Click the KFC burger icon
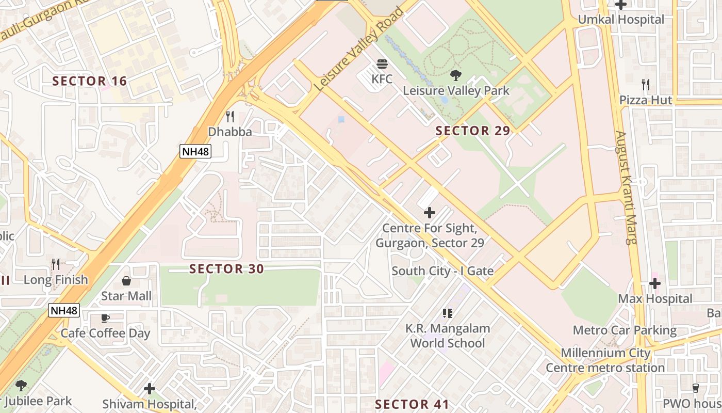[x=382, y=64]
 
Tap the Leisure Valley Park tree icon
[x=455, y=76]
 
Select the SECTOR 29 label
[x=472, y=131]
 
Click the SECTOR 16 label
[x=90, y=81]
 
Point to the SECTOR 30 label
[x=226, y=268]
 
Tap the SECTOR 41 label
[x=412, y=404]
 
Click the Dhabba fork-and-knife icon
[x=230, y=117]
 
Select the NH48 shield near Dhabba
[x=195, y=151]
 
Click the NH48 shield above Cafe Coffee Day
[x=64, y=310]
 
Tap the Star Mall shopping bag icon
[x=126, y=281]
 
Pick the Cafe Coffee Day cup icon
[x=105, y=318]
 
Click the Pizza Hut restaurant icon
[x=645, y=85]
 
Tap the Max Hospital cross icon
[x=655, y=283]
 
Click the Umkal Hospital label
[x=621, y=20]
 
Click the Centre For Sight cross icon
[x=429, y=212]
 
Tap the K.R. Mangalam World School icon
[x=447, y=313]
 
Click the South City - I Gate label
[x=442, y=271]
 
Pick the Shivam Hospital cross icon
[x=150, y=388]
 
